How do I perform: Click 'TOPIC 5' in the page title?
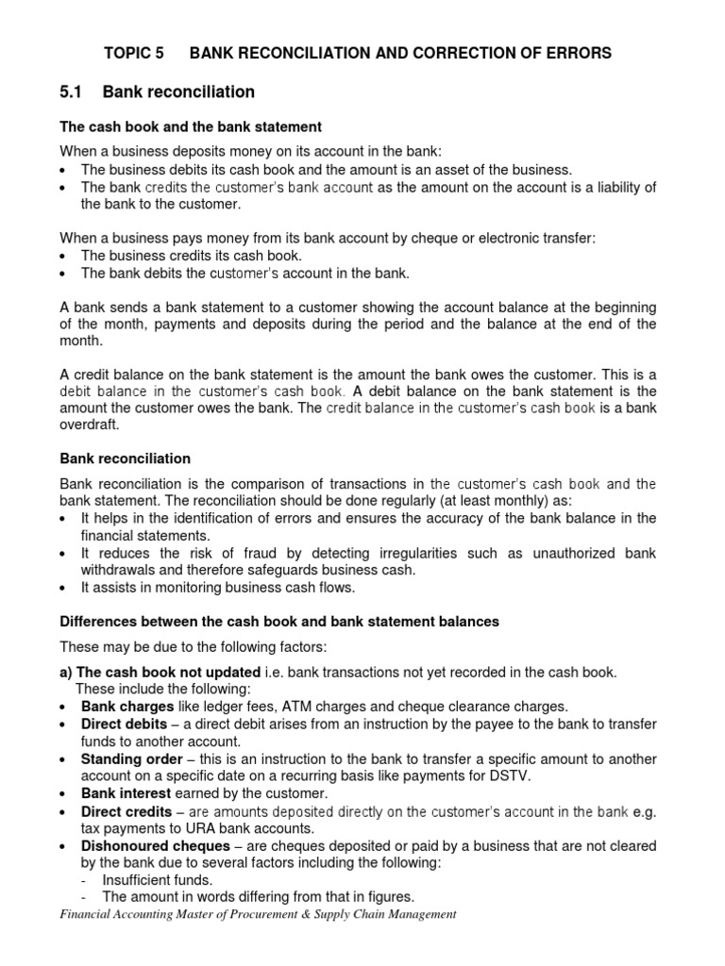(132, 54)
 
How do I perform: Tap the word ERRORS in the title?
(574, 54)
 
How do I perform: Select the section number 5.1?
(73, 92)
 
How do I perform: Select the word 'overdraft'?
(89, 425)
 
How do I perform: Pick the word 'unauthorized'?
(573, 553)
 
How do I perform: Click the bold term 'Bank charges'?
(127, 706)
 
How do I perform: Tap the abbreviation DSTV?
(485, 775)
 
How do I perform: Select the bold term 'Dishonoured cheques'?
(155, 845)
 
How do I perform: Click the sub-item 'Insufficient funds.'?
(157, 879)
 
